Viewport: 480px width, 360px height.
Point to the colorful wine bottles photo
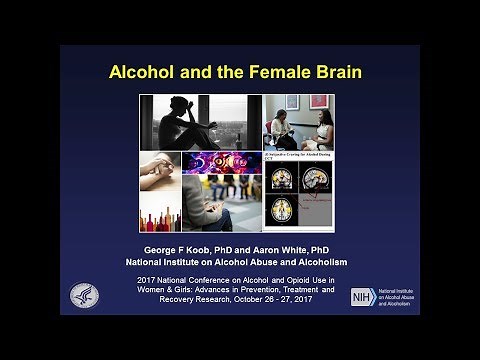(x=160, y=209)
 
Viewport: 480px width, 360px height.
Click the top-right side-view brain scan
(x=320, y=180)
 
